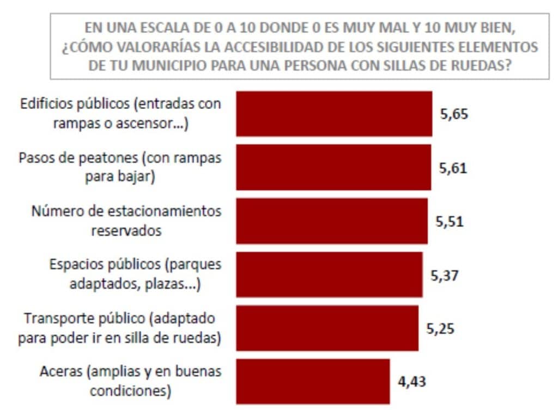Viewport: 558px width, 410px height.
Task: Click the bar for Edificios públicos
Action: point(333,113)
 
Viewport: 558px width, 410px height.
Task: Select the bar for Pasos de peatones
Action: point(333,167)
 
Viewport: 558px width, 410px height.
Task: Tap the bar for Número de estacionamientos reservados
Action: point(331,221)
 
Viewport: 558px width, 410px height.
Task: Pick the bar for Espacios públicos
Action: point(329,274)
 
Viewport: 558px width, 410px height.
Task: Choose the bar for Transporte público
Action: point(327,328)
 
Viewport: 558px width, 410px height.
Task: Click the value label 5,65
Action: point(454,114)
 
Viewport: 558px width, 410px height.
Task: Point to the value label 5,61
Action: point(453,168)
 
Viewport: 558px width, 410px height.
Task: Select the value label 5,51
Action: point(450,222)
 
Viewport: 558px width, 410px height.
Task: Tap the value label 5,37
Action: point(445,275)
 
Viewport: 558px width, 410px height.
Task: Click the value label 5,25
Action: point(440,329)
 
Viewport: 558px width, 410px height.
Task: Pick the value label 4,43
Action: point(411,382)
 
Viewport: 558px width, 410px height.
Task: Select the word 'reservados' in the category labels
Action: point(126,230)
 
